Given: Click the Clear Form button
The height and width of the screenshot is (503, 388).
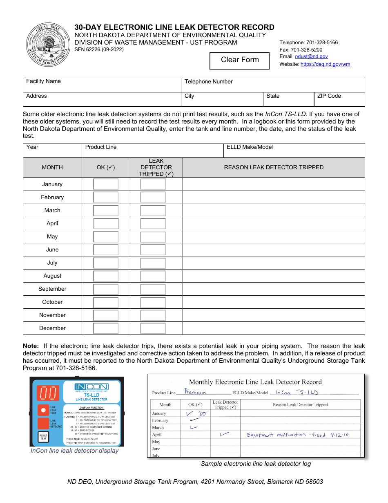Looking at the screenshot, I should click(x=240, y=60).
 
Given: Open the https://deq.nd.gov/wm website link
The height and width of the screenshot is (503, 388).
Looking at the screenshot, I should click(x=325, y=64).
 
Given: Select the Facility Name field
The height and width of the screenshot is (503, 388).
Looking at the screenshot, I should click(x=102, y=85).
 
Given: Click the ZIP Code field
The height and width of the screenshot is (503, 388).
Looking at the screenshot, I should click(x=339, y=99).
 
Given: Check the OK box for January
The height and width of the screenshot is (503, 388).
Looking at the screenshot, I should click(x=106, y=184).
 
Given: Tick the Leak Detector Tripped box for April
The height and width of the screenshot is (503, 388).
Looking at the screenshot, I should click(x=153, y=224).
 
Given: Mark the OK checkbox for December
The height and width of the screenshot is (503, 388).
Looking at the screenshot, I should click(x=106, y=328).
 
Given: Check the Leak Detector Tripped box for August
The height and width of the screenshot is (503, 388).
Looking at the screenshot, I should click(x=153, y=276).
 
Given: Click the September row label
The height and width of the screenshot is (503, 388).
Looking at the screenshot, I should click(x=52, y=289).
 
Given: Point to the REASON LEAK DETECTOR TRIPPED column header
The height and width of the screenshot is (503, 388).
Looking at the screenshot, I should click(x=274, y=168).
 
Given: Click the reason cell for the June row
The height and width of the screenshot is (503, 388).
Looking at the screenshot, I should click(x=274, y=250).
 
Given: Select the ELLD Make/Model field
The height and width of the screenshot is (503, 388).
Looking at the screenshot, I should click(x=294, y=150).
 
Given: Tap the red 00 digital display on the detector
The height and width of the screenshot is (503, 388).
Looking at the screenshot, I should click(x=48, y=393).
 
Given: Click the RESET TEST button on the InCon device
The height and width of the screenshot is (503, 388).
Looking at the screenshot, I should click(x=43, y=437).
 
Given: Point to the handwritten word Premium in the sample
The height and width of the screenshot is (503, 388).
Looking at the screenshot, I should click(x=195, y=392).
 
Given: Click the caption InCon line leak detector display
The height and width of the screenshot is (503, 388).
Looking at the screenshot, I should click(x=75, y=451).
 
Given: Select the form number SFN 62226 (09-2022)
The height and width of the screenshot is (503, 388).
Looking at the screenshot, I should click(x=99, y=49).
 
